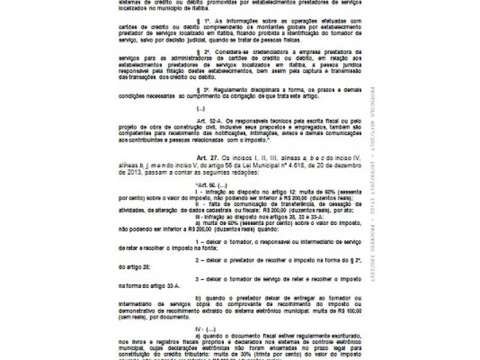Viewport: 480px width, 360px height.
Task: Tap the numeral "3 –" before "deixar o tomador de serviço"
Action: pos(198,280)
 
